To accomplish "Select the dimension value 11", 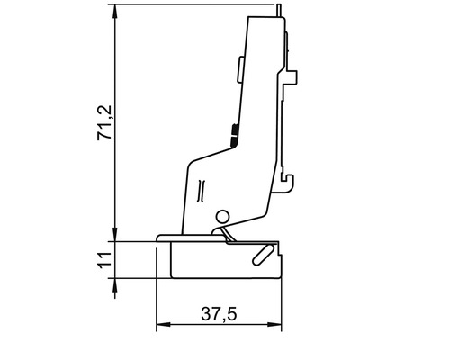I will (x=104, y=261).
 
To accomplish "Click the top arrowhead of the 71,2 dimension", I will (x=116, y=12).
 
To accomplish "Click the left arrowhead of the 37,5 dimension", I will (x=162, y=324).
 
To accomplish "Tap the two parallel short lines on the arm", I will (x=202, y=190).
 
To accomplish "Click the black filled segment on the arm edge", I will (x=233, y=135).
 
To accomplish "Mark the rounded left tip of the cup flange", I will (x=159, y=238).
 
